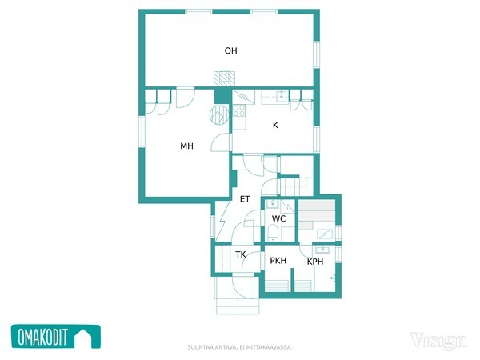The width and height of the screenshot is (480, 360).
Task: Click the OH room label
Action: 231,50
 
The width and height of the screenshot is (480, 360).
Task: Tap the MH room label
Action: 186,146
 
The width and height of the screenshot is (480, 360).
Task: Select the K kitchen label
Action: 275,125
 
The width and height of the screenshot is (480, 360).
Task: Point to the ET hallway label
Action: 245,199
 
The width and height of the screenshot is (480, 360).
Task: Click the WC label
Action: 278,218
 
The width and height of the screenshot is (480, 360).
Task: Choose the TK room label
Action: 241,254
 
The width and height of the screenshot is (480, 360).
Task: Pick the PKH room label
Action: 278,261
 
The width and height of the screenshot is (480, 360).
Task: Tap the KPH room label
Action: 315,262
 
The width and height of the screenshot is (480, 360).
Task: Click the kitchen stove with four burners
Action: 239,110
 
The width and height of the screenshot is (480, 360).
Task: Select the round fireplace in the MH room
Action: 219,115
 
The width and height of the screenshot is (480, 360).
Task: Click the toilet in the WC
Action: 273,232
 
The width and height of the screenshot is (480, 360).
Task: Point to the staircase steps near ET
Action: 290,186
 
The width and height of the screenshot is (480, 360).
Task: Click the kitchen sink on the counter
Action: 282,96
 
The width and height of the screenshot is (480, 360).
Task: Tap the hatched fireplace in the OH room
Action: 224,79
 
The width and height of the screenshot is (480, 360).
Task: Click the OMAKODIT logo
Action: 56,337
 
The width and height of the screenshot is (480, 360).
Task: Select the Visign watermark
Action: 438,341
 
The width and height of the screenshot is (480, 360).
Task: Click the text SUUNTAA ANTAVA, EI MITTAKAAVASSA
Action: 240,347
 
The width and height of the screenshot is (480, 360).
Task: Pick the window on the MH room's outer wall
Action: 142,131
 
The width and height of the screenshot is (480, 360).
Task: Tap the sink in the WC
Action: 271,204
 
